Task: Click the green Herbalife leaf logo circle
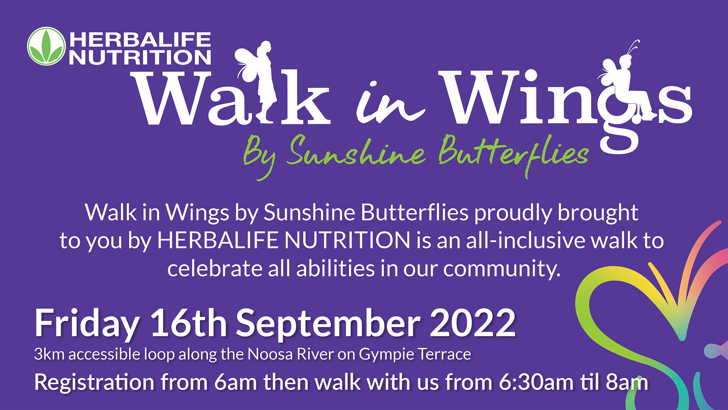point(46,46)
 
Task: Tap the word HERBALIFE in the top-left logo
point(140,39)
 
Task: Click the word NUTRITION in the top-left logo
point(140,57)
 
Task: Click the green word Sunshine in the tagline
point(356,151)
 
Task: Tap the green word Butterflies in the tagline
point(513,153)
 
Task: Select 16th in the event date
point(189,323)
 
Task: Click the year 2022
point(473,323)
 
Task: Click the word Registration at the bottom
point(95,383)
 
